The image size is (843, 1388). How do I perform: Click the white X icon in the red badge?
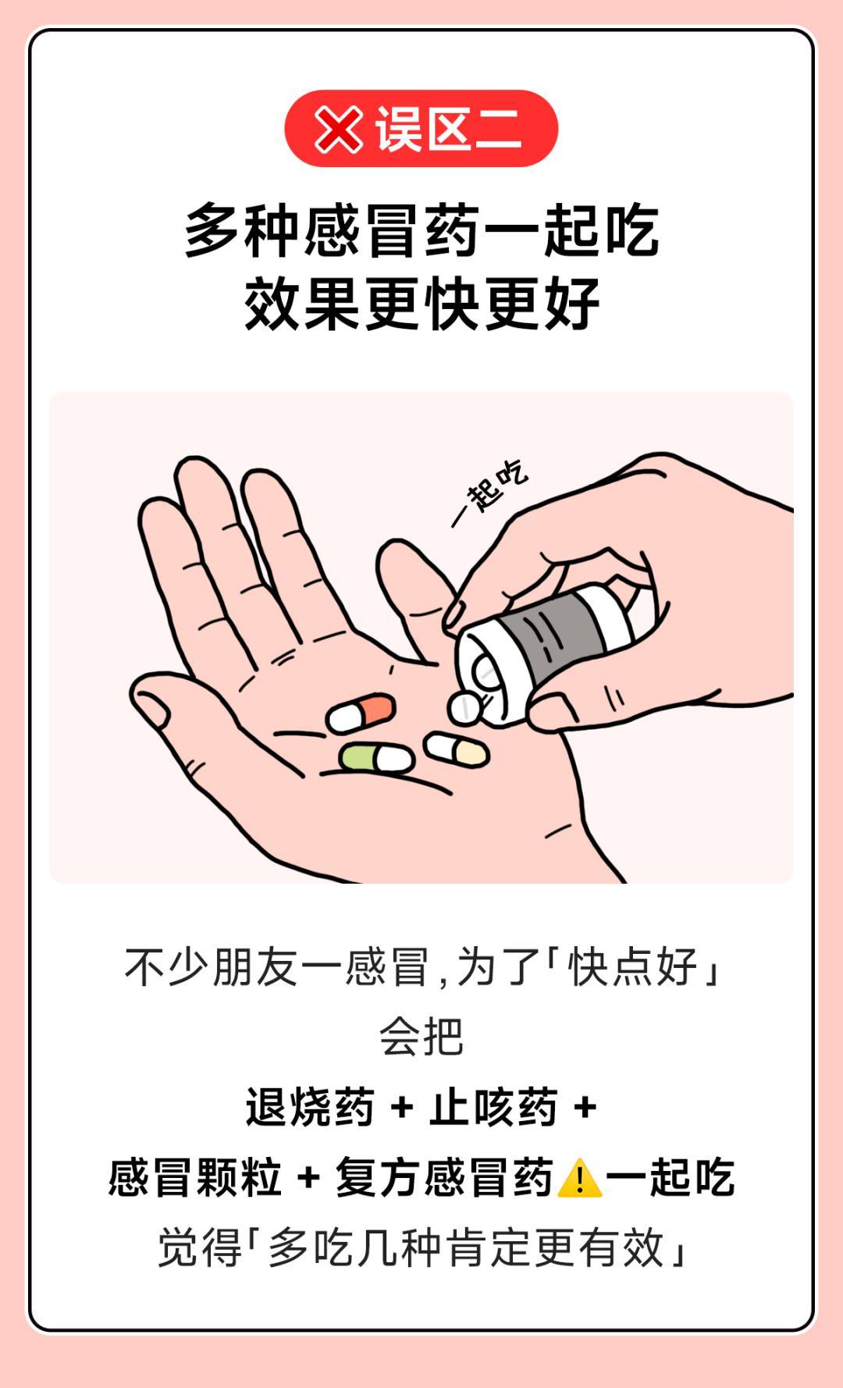click(338, 130)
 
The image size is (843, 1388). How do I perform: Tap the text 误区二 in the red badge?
click(448, 129)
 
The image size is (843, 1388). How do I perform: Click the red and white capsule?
click(361, 712)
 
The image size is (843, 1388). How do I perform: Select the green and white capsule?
click(375, 758)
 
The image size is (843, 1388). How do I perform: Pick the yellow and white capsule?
click(457, 749)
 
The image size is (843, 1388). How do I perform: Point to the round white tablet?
click(465, 707)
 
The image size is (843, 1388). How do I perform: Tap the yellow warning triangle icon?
click(579, 1178)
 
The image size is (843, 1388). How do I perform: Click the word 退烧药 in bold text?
click(310, 1107)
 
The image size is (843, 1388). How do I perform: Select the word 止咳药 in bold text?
click(493, 1107)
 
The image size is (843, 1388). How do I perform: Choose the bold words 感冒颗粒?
click(195, 1177)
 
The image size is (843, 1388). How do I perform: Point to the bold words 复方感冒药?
click(445, 1177)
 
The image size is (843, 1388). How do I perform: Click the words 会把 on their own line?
click(421, 1037)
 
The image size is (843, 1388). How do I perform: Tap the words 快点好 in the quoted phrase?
click(633, 967)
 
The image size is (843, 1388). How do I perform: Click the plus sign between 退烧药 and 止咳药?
click(401, 1108)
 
